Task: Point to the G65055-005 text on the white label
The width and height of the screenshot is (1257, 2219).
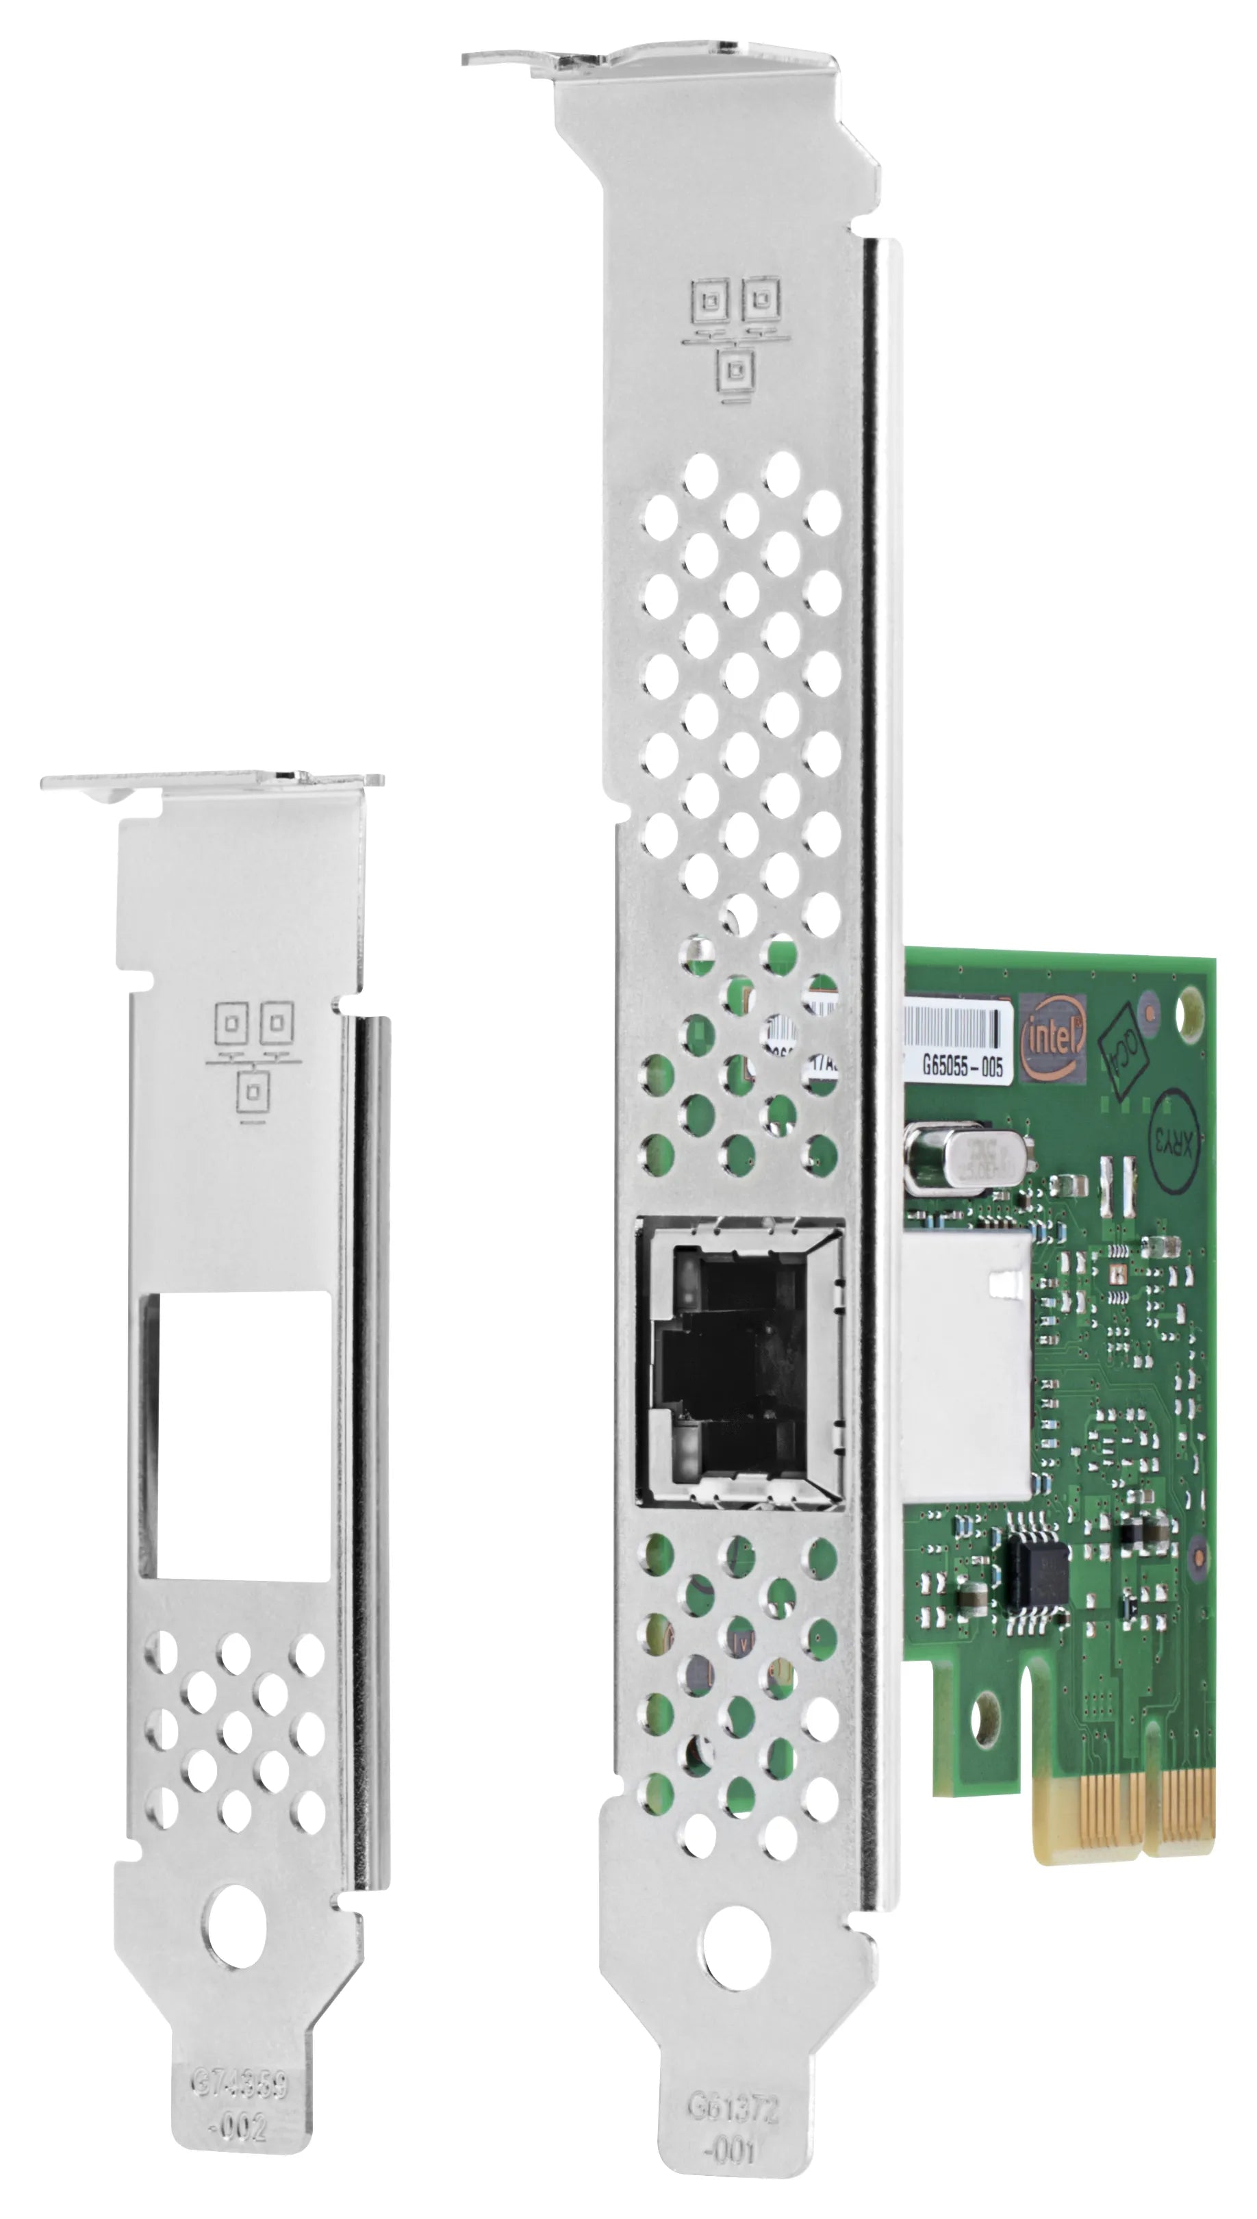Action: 962,1067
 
